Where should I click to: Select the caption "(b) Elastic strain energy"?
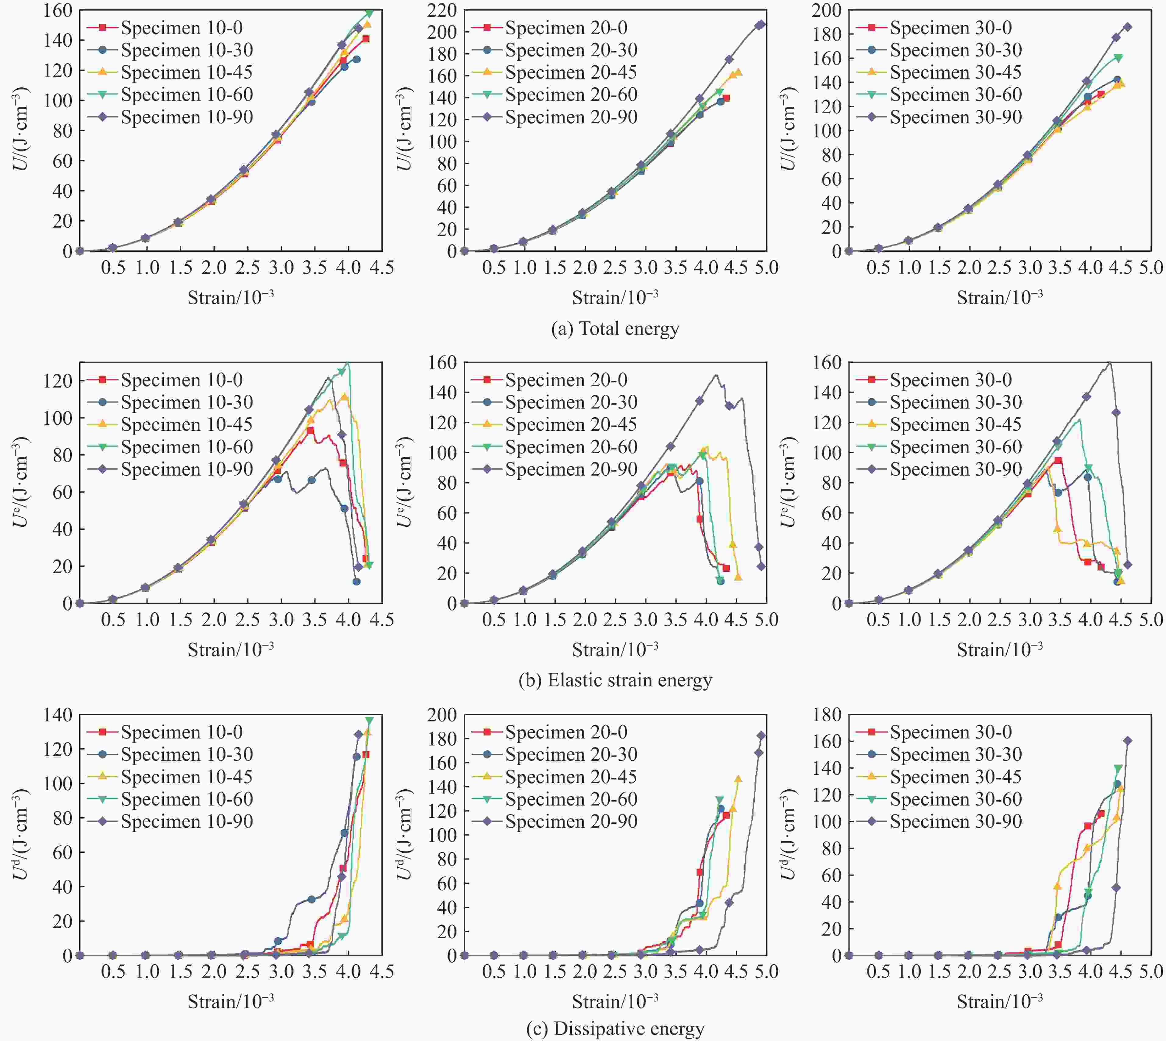[x=615, y=680]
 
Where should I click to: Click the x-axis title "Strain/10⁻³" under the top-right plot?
[x=1000, y=297]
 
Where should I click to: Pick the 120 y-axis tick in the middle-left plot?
[x=58, y=381]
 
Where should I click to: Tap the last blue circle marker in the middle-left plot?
[x=356, y=582]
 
